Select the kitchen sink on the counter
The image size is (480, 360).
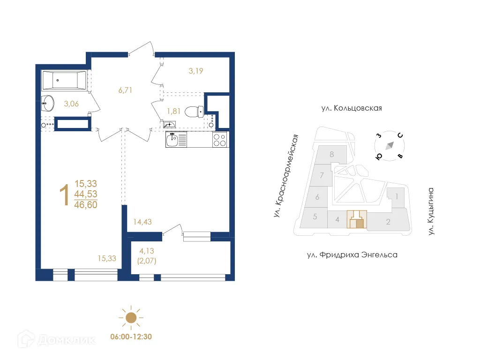point(173,140)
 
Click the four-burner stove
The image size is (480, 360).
point(220,140)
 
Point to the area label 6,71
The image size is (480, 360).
point(125,90)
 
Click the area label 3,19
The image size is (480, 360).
point(196,71)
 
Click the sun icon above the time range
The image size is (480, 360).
point(131,317)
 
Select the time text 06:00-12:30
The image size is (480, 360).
point(131,336)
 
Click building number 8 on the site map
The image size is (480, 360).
point(331,154)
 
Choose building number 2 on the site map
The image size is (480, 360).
point(388,222)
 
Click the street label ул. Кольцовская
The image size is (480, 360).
point(352,108)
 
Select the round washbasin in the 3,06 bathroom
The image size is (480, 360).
point(47,101)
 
